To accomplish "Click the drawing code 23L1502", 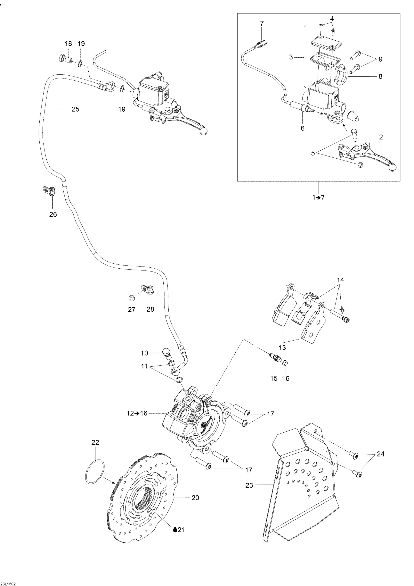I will coord(8,583).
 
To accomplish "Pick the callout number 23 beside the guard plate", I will coord(249,485).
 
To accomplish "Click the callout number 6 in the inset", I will coord(303,128).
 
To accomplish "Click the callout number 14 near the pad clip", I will coord(340,280).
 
